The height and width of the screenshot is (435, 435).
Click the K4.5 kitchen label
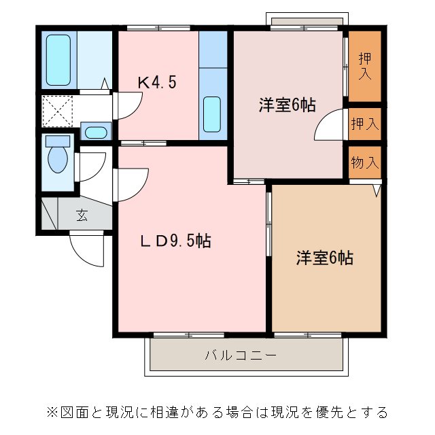coord(157,83)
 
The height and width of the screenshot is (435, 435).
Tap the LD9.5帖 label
coord(175,241)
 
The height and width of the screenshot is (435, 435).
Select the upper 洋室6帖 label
coord(286,105)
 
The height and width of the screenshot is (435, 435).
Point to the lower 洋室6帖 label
coord(324,258)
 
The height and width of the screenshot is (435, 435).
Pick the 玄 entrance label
coord(82,216)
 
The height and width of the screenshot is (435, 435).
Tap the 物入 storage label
coord(365,162)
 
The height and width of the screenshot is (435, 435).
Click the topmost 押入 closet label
coord(365,66)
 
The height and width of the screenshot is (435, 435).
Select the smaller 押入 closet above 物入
coord(365,124)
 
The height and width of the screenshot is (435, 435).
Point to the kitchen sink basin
coord(211,114)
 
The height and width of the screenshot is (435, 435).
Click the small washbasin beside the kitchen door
coord(94,132)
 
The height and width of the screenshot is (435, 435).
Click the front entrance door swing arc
coord(86,251)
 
